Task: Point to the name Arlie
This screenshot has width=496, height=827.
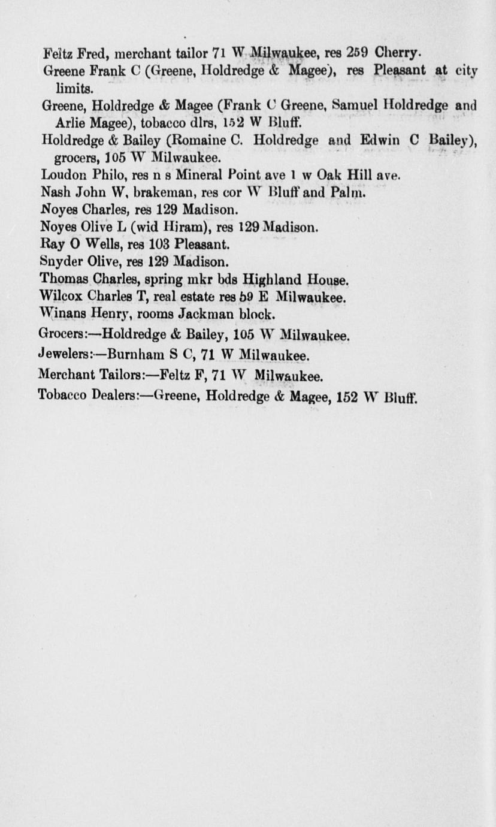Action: pos(68,123)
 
